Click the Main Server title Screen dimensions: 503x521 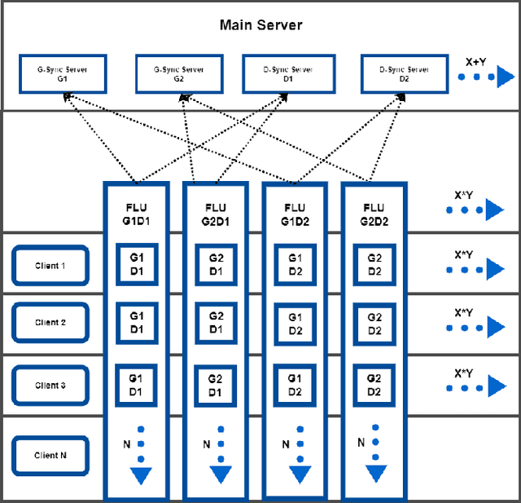(x=260, y=24)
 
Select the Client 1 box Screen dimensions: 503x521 (x=50, y=266)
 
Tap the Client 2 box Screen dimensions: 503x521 (x=50, y=322)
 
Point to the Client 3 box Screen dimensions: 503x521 (x=50, y=385)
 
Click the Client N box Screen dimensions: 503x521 (x=50, y=455)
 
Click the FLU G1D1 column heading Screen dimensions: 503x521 (x=137, y=214)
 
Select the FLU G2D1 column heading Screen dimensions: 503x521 (x=216, y=214)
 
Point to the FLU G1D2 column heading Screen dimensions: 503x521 (x=295, y=214)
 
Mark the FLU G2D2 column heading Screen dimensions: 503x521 (x=374, y=214)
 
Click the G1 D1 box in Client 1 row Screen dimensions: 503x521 (x=137, y=264)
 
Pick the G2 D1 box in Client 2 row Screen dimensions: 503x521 (x=216, y=323)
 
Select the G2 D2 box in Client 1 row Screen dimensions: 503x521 (x=374, y=264)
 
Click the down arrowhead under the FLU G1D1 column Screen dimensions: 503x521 (x=142, y=475)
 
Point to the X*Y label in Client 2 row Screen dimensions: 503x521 (x=464, y=312)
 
